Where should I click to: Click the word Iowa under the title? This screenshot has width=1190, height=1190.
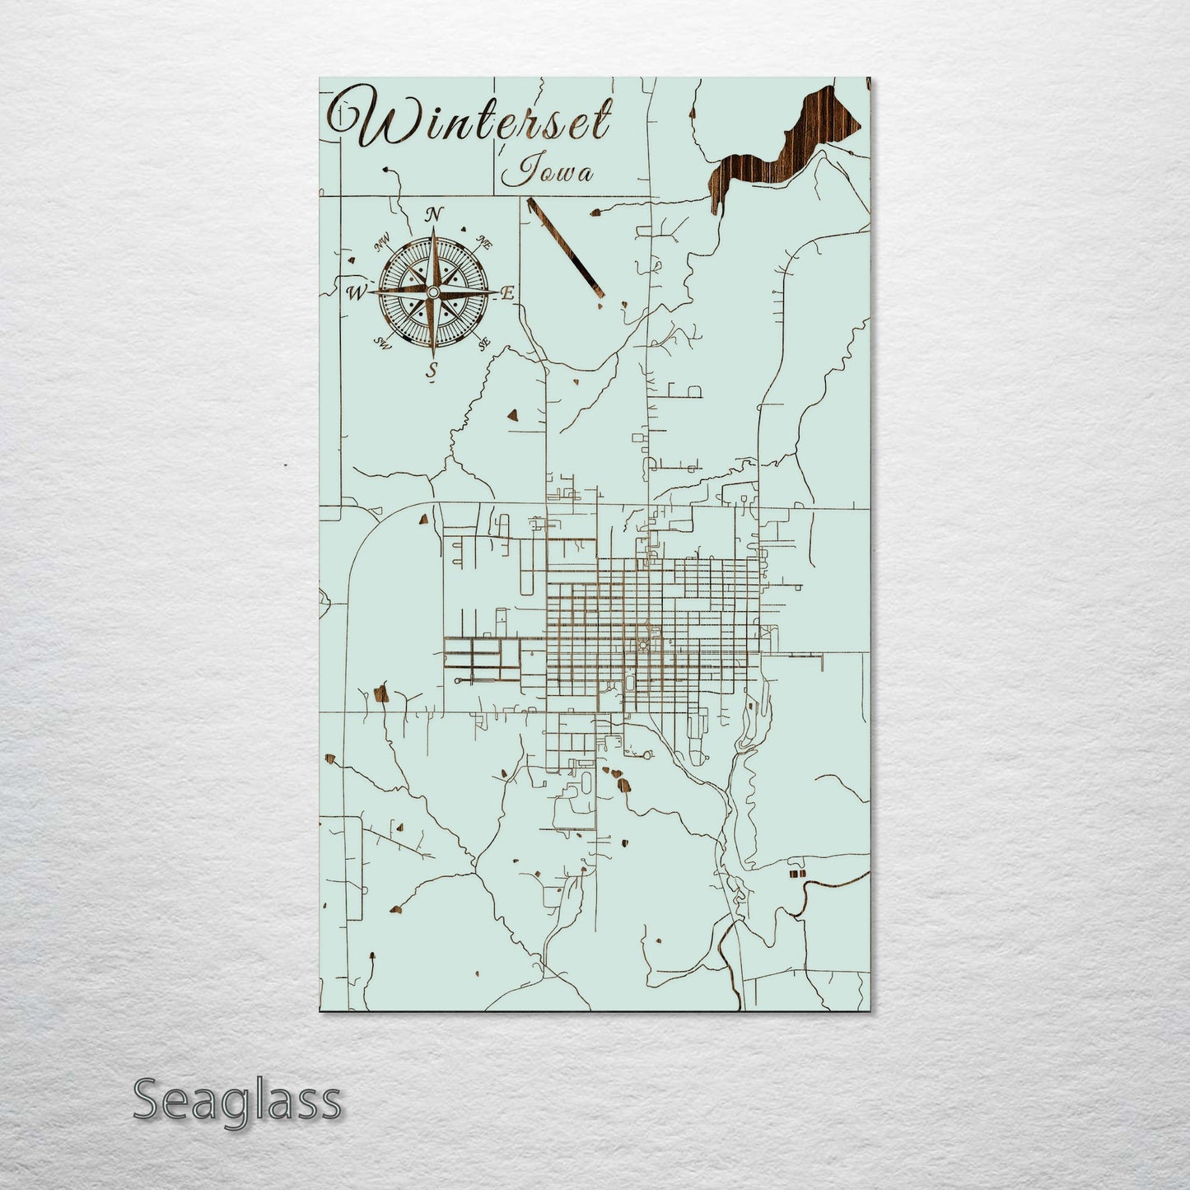tap(546, 171)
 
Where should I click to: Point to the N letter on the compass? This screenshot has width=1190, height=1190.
tap(433, 216)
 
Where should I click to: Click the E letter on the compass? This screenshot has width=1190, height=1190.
tap(508, 292)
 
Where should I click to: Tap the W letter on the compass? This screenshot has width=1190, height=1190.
tap(357, 292)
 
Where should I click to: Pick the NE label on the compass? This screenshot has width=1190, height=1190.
tap(485, 244)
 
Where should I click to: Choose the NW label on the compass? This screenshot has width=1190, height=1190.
tap(381, 243)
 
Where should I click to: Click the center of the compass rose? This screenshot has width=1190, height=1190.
tap(432, 292)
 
